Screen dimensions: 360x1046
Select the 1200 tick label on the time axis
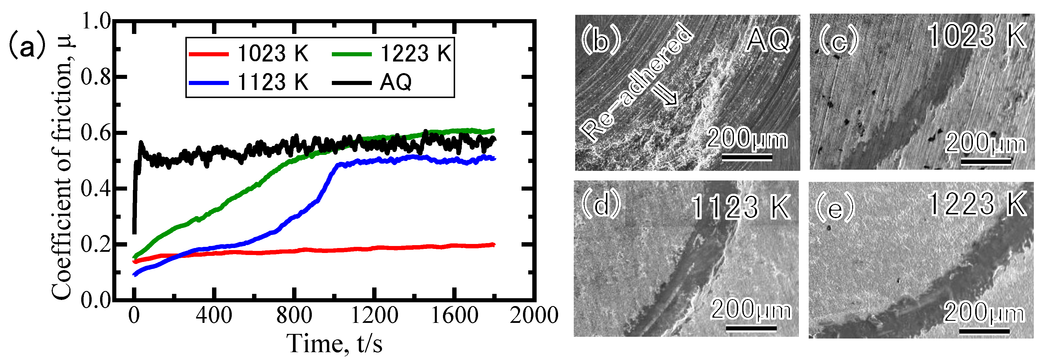374,315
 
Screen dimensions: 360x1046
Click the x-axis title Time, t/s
334,344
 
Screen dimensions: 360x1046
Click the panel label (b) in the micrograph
601,39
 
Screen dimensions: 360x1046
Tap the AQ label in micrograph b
768,40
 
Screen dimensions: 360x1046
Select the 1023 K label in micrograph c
977,36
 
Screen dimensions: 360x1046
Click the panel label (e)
835,208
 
